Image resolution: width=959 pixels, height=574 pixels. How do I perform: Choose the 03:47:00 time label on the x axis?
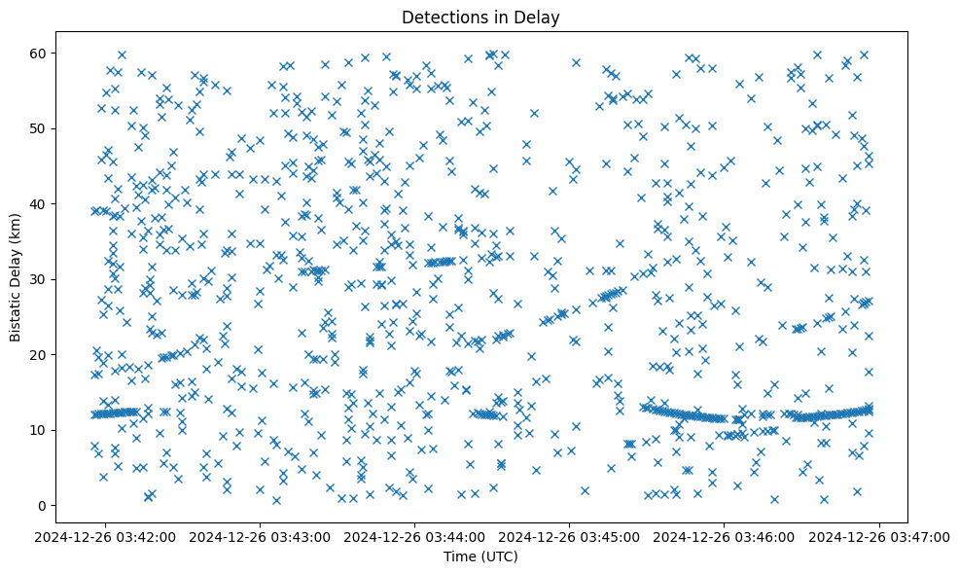pos(880,536)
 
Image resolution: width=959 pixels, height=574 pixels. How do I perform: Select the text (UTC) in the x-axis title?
pos(501,557)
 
